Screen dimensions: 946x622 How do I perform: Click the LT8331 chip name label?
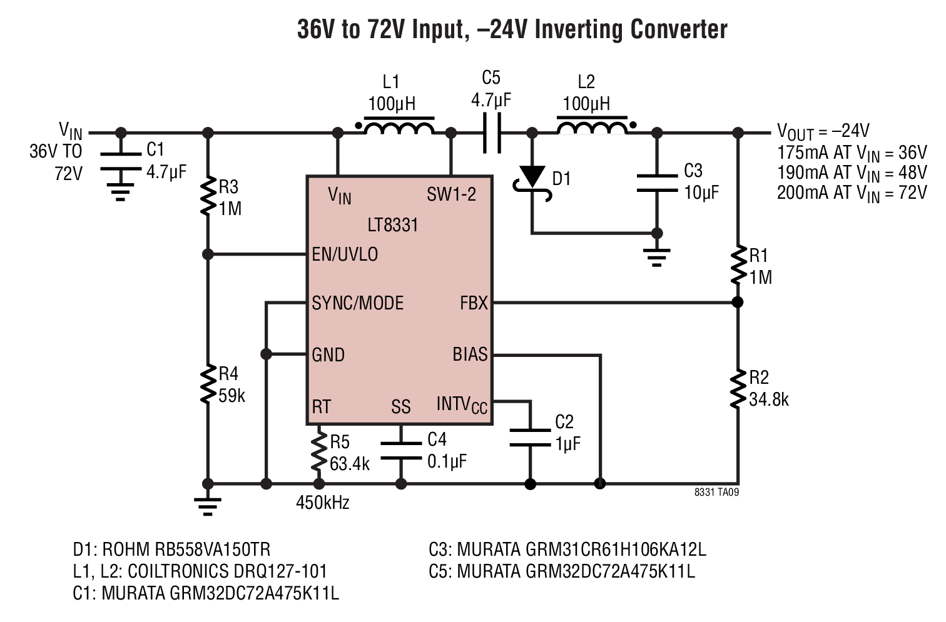(393, 225)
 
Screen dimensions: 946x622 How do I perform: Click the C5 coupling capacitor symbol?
(492, 133)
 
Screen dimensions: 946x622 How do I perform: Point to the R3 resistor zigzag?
(207, 197)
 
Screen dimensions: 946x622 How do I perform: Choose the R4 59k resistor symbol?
(207, 384)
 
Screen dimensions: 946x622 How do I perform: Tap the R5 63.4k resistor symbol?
(319, 449)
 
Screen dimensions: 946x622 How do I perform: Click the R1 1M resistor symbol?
(738, 265)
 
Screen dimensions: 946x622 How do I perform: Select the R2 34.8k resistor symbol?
(738, 389)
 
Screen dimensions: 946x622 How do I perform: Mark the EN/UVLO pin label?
(345, 254)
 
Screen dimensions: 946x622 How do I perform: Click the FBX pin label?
(474, 303)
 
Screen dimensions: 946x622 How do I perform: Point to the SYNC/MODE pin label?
(358, 303)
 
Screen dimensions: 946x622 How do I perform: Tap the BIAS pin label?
(470, 354)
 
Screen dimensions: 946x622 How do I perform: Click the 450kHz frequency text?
(323, 503)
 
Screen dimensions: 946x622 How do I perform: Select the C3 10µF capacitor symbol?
(657, 183)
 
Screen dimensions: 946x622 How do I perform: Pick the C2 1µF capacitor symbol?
(530, 438)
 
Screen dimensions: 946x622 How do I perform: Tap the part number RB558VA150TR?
(213, 549)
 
